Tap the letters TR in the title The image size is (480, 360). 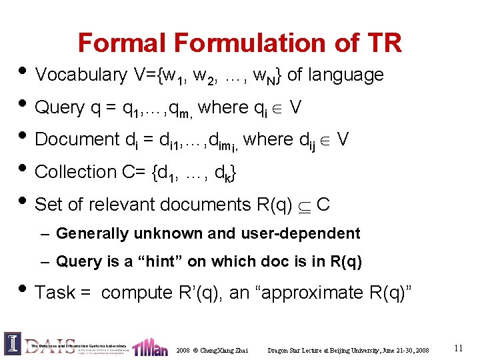383,43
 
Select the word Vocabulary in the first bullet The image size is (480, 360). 81,75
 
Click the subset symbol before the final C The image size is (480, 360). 305,205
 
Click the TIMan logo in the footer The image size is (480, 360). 149,347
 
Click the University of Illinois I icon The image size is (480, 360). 13,343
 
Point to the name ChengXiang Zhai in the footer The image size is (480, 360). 224,350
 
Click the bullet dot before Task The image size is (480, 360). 22,291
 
